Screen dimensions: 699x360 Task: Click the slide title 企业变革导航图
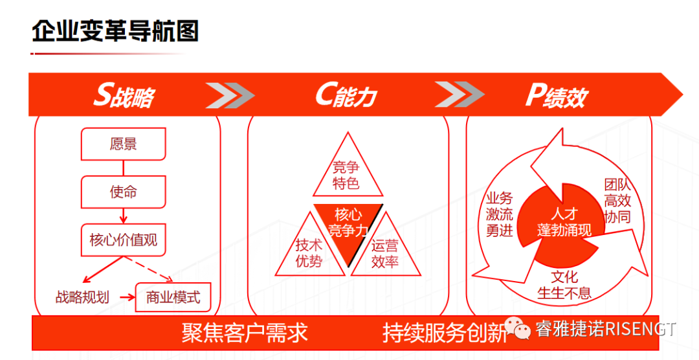[x=115, y=31]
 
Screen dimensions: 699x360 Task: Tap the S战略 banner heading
[x=124, y=96]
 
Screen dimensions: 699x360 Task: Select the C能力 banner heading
[x=346, y=96]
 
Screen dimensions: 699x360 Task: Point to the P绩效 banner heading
[x=555, y=96]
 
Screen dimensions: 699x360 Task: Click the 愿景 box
[x=123, y=144]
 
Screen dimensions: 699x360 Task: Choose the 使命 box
[x=123, y=192]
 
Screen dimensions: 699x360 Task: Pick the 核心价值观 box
[x=123, y=240]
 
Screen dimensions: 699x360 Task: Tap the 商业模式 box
[x=173, y=297]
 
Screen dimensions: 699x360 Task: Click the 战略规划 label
[x=82, y=298]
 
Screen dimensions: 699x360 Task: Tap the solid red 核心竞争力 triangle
[x=348, y=223]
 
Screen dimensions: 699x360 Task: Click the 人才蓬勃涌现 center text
[x=564, y=222]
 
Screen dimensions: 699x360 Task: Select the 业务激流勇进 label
[x=499, y=214]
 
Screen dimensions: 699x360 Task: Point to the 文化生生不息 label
[x=564, y=285]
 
